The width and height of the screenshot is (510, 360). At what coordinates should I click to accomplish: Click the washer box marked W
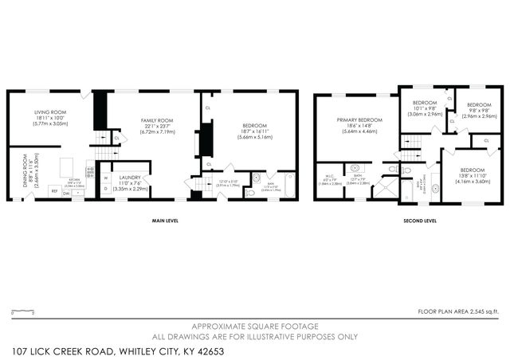coord(105,178)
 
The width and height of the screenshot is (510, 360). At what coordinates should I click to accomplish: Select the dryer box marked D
coord(105,189)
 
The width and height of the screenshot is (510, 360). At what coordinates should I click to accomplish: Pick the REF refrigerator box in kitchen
coord(54,191)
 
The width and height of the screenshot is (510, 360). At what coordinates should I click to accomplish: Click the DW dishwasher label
coord(67,192)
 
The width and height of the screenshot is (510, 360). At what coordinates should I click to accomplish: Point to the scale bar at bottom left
coord(24,311)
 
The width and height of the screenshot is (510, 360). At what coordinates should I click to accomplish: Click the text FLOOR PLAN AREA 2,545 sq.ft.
coord(458,311)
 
